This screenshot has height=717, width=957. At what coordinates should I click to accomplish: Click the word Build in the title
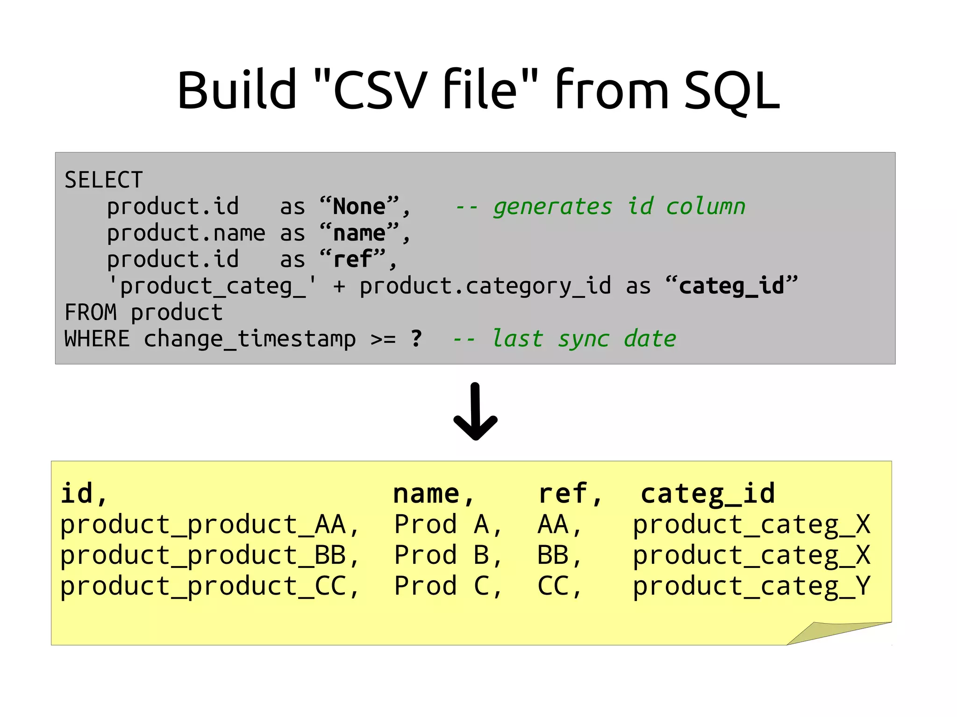236,90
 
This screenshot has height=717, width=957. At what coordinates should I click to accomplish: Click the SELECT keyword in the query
103,180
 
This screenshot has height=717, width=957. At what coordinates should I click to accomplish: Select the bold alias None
359,206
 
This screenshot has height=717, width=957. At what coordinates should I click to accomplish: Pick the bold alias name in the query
359,233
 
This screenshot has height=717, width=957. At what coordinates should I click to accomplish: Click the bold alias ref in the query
353,259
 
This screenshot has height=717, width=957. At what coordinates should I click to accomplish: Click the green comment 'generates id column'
619,206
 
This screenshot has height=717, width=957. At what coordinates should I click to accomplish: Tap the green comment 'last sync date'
584,339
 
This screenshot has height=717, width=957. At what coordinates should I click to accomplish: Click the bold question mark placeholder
416,339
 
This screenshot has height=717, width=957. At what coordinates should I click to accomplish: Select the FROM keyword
90,312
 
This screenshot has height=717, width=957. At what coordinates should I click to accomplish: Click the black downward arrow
476,412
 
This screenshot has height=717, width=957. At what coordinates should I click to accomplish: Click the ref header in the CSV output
563,494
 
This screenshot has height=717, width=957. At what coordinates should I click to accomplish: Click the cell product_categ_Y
751,587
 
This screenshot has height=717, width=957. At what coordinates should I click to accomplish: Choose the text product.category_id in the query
485,286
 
